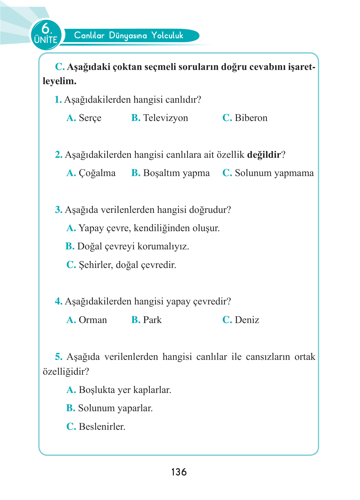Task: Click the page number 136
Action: [179, 472]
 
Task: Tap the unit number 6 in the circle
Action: [46, 29]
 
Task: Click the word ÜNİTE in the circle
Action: [46, 40]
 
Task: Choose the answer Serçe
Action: [90, 118]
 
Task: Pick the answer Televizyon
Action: [165, 118]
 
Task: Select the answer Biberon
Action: [251, 118]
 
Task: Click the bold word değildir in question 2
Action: [264, 154]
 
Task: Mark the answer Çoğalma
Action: [97, 173]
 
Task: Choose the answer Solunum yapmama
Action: [274, 173]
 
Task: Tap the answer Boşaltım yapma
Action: [176, 173]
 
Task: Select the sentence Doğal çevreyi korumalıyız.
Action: [133, 246]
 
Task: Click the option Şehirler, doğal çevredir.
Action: [127, 265]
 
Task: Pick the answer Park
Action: [152, 320]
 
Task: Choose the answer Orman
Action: [93, 320]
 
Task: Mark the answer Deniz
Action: [247, 320]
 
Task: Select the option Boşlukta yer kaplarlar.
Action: [125, 390]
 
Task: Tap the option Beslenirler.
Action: [102, 426]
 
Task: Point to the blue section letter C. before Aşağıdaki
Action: [59, 67]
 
